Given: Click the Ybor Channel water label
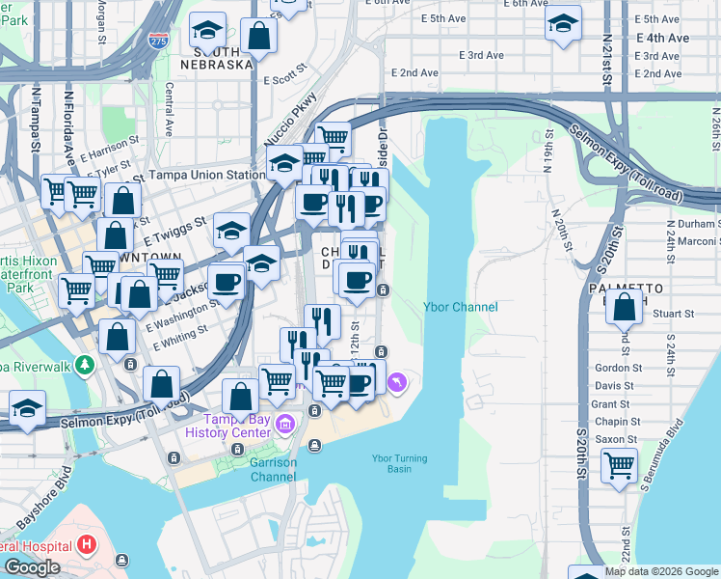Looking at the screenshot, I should tap(461, 307).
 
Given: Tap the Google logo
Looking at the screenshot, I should tap(32, 567).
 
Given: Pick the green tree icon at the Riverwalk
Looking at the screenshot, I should tap(86, 364).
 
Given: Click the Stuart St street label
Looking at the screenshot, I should tap(672, 314).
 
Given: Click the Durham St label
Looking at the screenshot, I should tap(686, 224).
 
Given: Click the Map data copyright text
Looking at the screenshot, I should tap(660, 571).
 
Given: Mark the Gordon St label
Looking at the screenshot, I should tap(618, 368).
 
